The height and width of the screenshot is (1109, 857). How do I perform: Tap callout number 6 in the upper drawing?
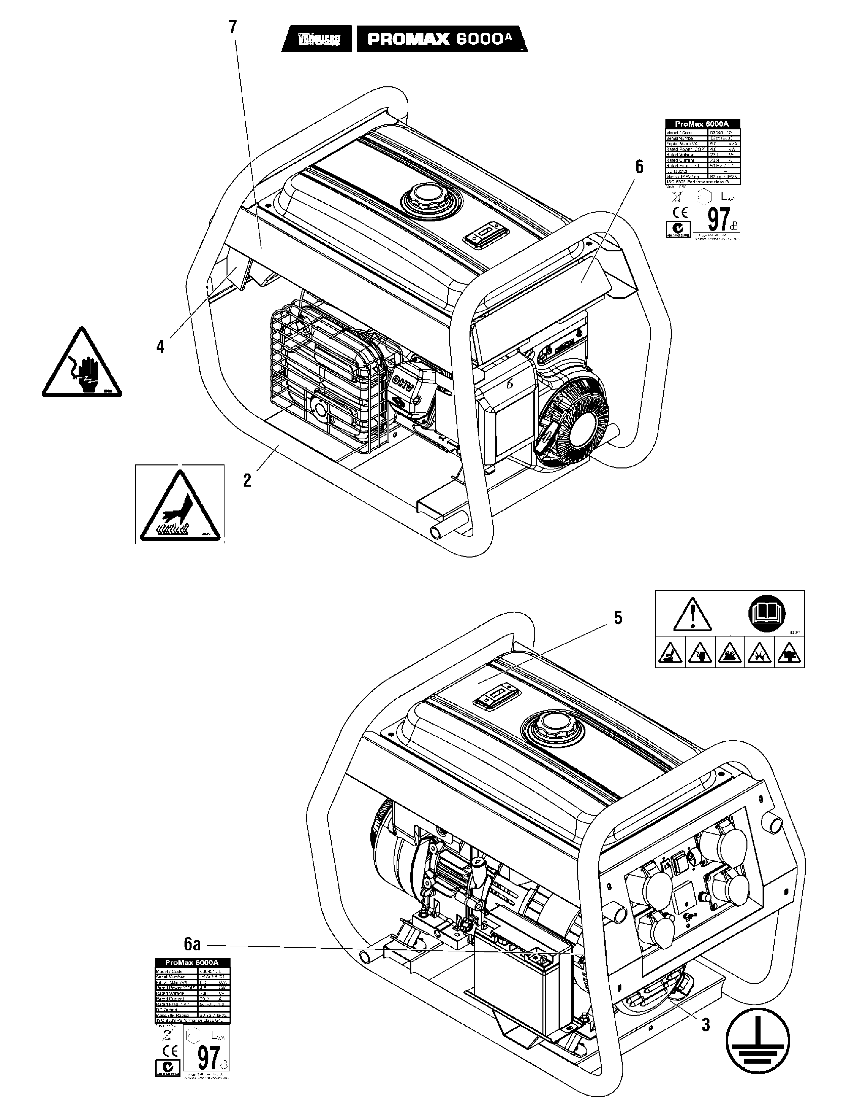pyautogui.click(x=639, y=167)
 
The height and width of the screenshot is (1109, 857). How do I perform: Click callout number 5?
pyautogui.click(x=618, y=618)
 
